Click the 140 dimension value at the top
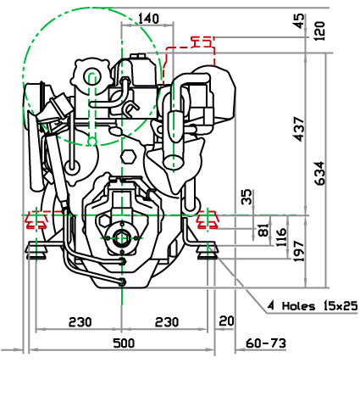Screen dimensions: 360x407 [148, 19]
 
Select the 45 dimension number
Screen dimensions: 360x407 [299, 21]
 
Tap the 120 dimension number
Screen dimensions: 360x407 [319, 31]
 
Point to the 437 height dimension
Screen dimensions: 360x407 [299, 129]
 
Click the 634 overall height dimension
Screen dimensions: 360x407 [319, 173]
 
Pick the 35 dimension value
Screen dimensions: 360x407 [246, 197]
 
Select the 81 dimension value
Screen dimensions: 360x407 [263, 230]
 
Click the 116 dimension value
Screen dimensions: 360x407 [280, 237]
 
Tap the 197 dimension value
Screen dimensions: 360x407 [299, 251]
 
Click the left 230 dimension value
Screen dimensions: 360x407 [80, 322]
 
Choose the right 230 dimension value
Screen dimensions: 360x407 [167, 322]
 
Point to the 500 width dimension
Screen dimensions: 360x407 [124, 343]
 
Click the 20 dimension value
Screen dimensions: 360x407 [226, 321]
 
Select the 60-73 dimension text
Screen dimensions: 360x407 [266, 343]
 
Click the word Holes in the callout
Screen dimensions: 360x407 [298, 306]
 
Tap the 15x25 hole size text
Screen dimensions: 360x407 [341, 306]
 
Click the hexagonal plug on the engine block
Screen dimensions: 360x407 [128, 157]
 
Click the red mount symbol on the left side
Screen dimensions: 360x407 [36, 220]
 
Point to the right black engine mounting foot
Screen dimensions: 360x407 [208, 250]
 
